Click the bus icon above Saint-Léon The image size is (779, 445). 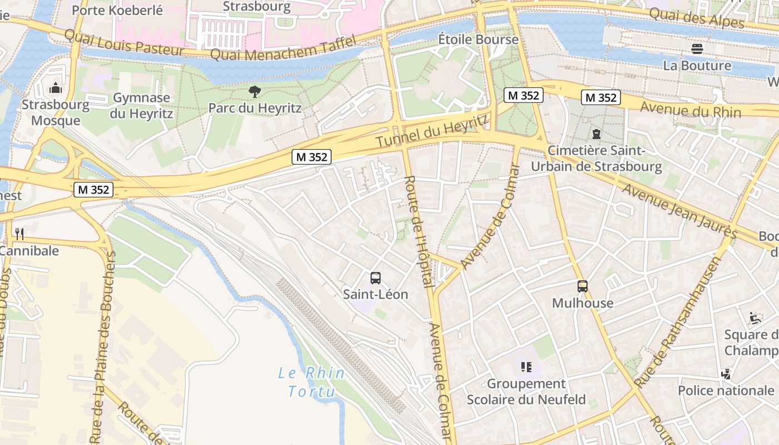click(376, 278)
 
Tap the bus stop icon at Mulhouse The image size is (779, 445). click(583, 286)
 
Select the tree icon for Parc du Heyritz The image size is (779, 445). click(255, 92)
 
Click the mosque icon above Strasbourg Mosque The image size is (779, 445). click(55, 88)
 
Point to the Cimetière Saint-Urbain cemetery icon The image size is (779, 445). click(596, 134)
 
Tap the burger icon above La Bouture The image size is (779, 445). click(697, 49)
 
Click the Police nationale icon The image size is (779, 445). click(726, 374)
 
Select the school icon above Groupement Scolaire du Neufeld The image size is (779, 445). click(526, 367)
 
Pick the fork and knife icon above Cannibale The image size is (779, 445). click(19, 234)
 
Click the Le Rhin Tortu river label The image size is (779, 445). click(311, 382)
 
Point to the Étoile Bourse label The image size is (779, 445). click(478, 39)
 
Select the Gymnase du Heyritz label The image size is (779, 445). click(141, 106)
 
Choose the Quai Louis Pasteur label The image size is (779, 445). click(124, 42)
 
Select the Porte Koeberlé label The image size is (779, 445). click(117, 10)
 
